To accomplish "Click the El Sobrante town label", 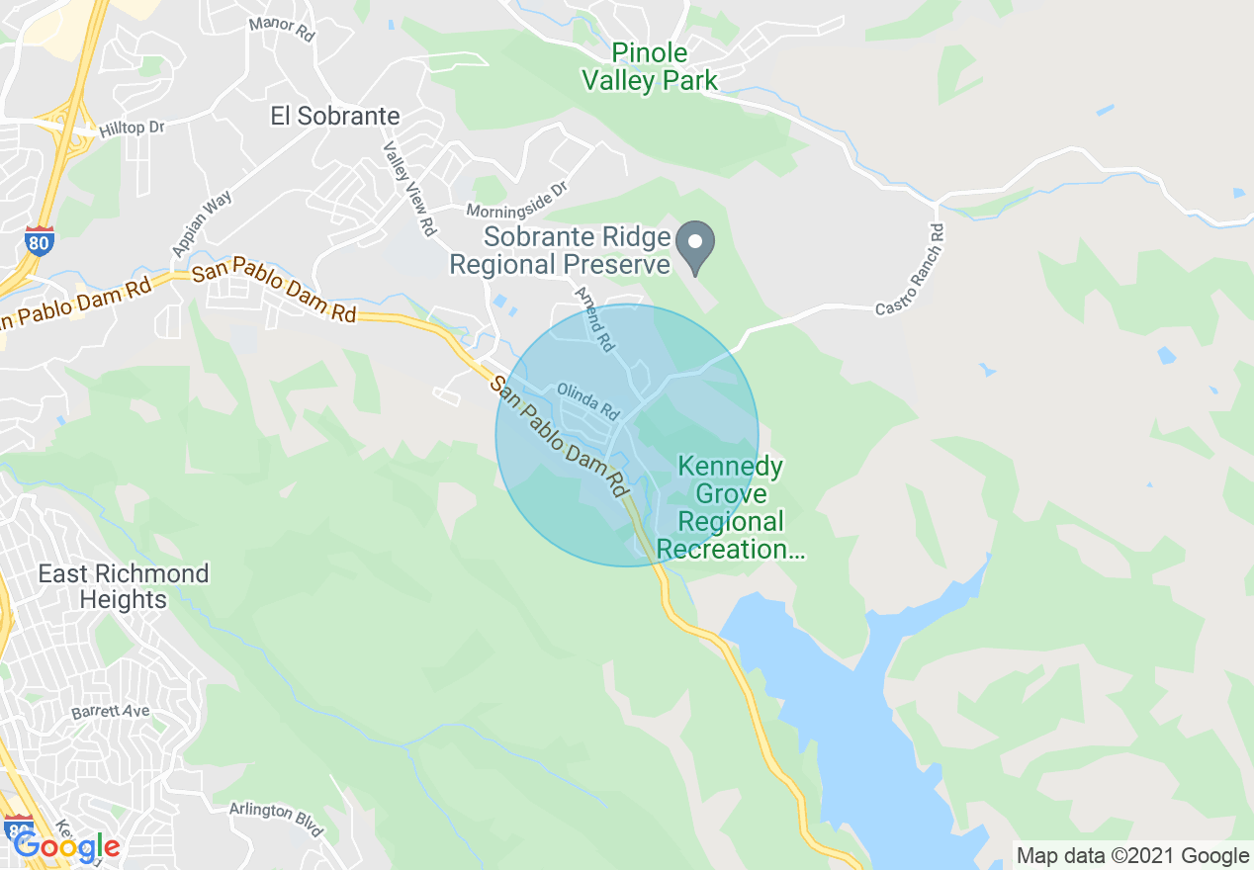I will [x=335, y=116].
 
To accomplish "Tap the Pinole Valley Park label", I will [x=650, y=66].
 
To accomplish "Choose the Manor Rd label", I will [x=281, y=27].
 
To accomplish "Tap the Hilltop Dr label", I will [x=131, y=129].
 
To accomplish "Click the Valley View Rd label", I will [x=409, y=188].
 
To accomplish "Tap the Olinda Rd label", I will [x=587, y=399].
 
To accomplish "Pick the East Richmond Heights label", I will [x=124, y=586].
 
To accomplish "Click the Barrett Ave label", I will [x=110, y=712].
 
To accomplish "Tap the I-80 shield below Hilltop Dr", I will [x=39, y=240].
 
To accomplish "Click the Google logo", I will [x=66, y=846].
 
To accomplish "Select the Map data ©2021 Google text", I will [x=1133, y=855].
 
